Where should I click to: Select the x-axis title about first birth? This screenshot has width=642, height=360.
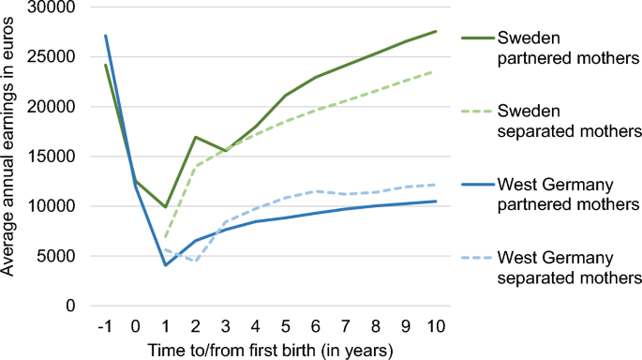click(x=269, y=349)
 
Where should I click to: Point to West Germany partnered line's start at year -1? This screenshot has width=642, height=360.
click(x=105, y=36)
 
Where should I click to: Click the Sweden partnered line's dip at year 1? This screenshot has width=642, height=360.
click(x=165, y=207)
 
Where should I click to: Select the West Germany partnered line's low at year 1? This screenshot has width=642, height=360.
click(x=165, y=265)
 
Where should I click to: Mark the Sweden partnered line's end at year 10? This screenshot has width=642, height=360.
click(x=436, y=31)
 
